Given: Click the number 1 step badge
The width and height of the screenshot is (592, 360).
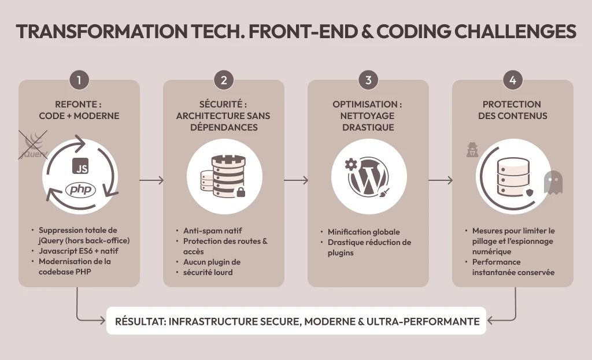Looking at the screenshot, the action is point(79,80).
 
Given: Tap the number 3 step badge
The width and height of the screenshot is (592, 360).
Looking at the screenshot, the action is point(368,80).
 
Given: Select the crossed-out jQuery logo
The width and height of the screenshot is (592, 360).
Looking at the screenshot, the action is point(33,145).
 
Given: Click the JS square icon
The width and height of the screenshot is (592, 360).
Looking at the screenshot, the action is point(80,166).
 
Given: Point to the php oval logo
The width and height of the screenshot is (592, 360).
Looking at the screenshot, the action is point(80,189).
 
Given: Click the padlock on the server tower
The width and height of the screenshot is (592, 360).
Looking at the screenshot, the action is point(240,192).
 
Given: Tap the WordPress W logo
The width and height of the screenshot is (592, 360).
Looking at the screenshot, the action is point(368,177).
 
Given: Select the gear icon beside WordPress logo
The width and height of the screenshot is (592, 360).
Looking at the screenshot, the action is point(351,164).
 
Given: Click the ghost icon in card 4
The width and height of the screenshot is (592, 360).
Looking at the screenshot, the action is point(553,182).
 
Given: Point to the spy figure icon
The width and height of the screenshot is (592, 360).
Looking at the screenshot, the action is point(472,150).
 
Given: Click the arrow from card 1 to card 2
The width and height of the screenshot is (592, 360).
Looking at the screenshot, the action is point(151,180).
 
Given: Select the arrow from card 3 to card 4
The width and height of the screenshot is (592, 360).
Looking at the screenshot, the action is point(440,180).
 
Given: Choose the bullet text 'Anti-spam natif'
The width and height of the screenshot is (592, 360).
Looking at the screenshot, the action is point(213,231).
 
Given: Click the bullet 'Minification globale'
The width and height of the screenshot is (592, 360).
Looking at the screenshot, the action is point(364,232).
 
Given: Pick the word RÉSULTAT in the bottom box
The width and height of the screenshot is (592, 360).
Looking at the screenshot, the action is point(140,321).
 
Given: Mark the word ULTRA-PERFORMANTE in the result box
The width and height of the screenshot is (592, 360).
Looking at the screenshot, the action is point(423,321).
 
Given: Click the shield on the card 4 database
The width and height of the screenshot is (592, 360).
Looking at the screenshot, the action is point(530,193).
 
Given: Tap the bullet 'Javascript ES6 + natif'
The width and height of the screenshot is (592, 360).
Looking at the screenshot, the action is point(79,251).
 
